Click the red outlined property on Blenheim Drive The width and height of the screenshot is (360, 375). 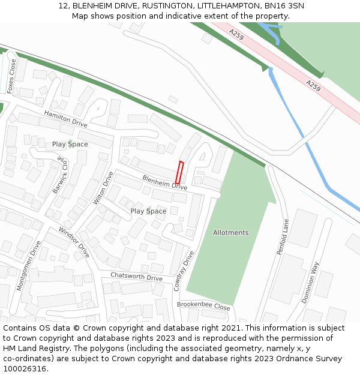click(179, 173)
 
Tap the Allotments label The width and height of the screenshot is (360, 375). click(230, 233)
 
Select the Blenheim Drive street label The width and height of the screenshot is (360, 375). click(164, 182)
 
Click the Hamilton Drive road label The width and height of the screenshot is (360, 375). click(65, 118)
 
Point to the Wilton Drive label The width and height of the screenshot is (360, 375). click(103, 188)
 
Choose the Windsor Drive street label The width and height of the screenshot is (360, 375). click(74, 242)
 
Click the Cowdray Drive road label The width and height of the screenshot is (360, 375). click(184, 271)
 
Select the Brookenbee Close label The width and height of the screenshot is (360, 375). click(203, 306)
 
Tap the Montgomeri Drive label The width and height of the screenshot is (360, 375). click(29, 265)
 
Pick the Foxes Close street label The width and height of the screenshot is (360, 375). click(11, 76)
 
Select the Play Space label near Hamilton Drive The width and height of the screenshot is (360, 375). click(70, 145)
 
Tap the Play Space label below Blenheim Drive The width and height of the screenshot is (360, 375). click(148, 211)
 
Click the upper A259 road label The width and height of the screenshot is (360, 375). click(236, 35)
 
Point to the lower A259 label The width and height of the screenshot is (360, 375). click(313, 86)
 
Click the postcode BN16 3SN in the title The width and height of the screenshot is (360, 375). click(284, 6)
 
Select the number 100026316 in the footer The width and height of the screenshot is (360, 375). click(25, 369)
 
